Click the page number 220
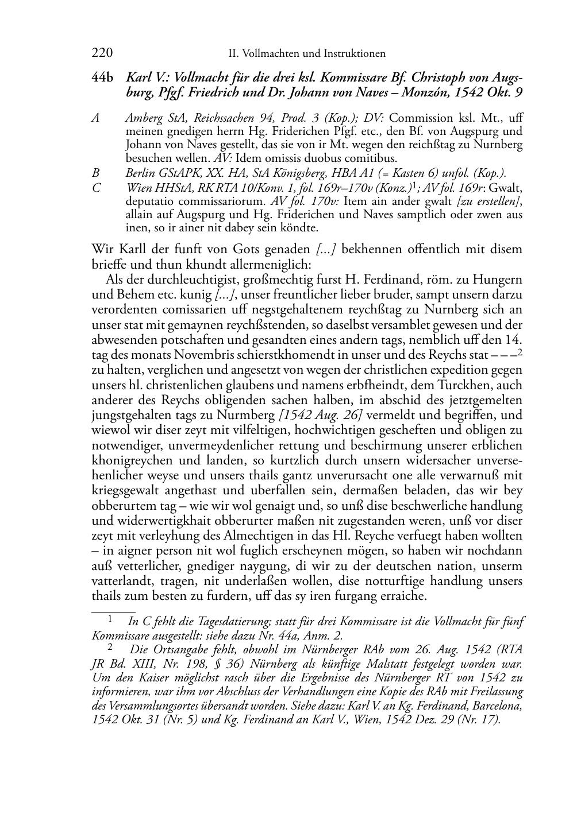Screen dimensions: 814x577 (x=102, y=53)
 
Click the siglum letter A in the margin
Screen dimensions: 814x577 (x=96, y=118)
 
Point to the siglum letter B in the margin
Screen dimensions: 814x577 (x=96, y=173)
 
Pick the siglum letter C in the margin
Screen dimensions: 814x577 (x=96, y=188)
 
